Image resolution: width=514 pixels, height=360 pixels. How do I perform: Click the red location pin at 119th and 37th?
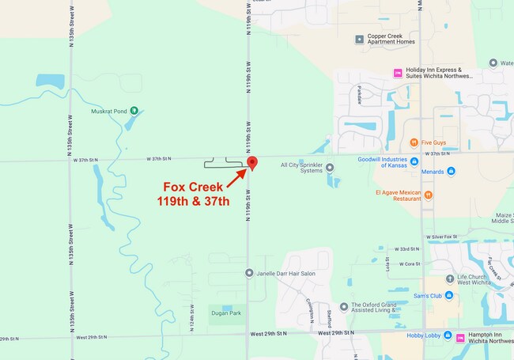pyautogui.click(x=253, y=162)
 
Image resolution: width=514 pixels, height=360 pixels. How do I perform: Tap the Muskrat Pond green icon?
pyautogui.click(x=134, y=111)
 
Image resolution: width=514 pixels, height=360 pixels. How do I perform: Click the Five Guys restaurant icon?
pyautogui.click(x=414, y=142)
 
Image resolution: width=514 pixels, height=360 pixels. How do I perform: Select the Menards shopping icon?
pyautogui.click(x=451, y=171)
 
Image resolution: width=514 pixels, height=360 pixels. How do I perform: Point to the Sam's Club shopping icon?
pyautogui.click(x=448, y=296)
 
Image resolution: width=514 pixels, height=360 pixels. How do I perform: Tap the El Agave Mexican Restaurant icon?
pyautogui.click(x=428, y=194)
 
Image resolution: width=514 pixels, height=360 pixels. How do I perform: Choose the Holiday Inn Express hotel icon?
pyautogui.click(x=398, y=74)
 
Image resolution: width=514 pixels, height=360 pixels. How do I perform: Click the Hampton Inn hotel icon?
pyautogui.click(x=460, y=337)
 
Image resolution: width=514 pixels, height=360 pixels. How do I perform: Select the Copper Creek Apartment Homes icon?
pyautogui.click(x=359, y=38)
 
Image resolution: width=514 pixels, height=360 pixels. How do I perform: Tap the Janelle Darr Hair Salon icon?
pyautogui.click(x=249, y=273)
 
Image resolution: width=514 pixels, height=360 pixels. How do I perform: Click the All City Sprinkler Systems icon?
pyautogui.click(x=330, y=167)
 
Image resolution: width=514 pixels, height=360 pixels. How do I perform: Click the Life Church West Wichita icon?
pyautogui.click(x=448, y=278)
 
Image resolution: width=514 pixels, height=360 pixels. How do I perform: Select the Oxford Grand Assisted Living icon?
pyautogui.click(x=344, y=306)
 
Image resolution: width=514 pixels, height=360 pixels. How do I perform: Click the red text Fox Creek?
pyautogui.click(x=194, y=188)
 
